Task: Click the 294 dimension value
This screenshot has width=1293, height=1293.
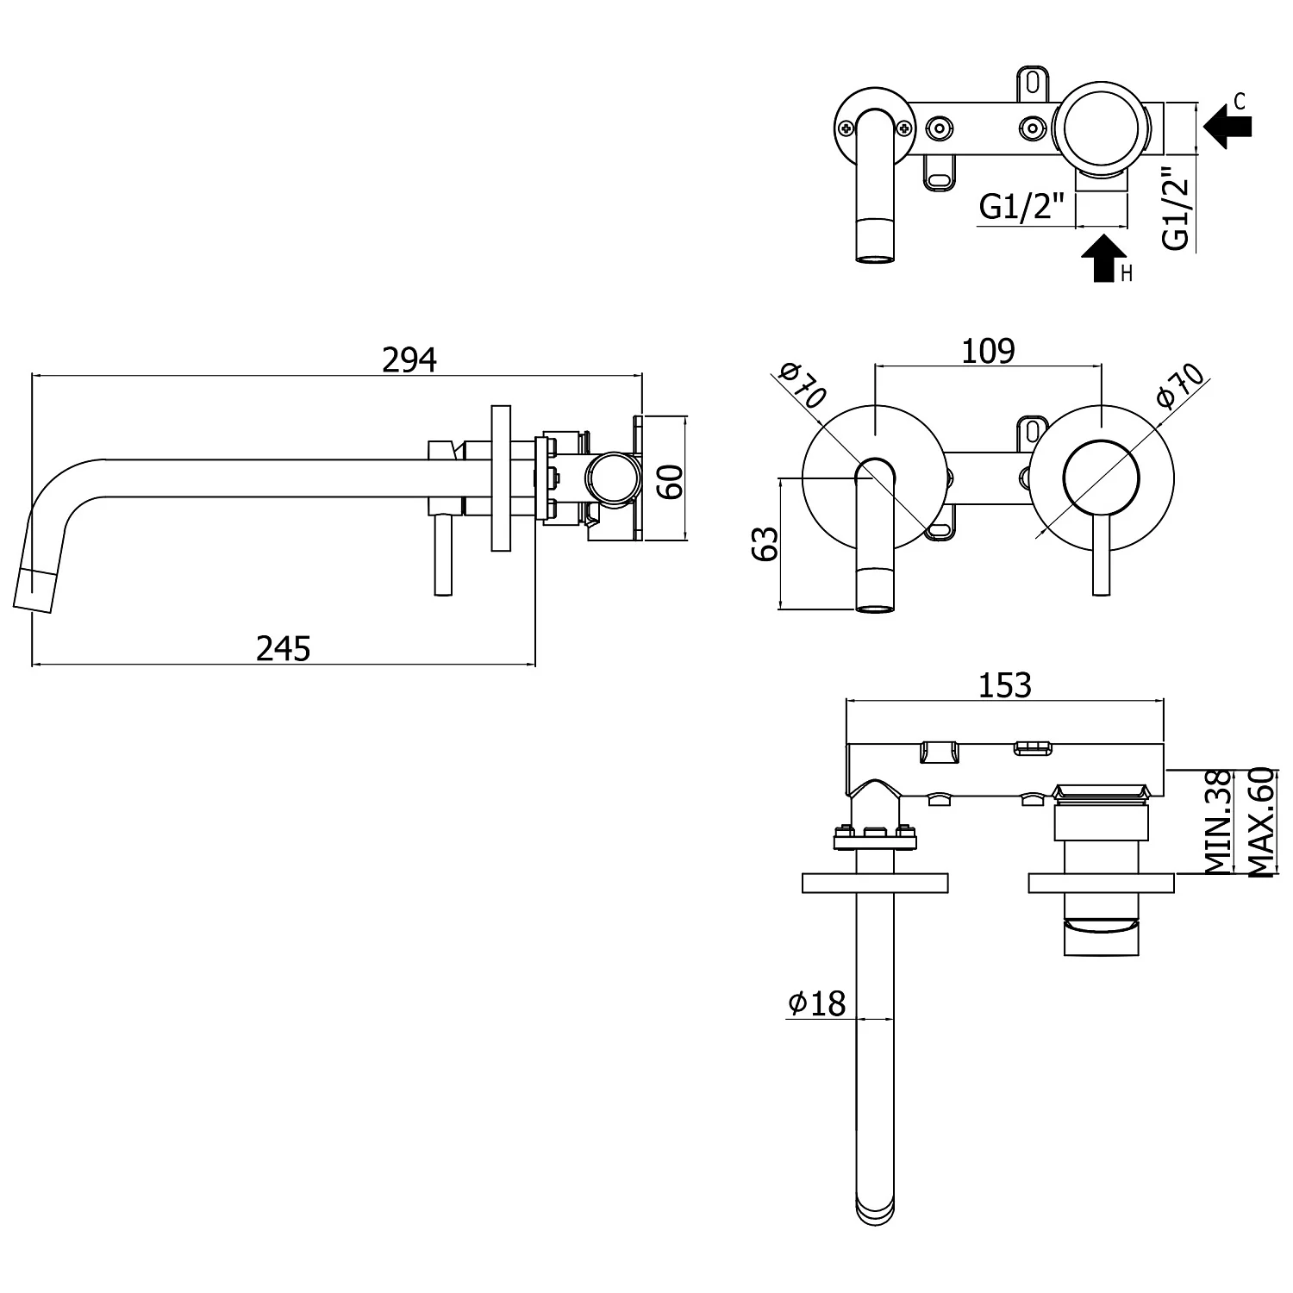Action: pos(409,359)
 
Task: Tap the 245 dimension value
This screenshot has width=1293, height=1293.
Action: pos(283,648)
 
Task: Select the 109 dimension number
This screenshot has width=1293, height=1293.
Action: pos(988,351)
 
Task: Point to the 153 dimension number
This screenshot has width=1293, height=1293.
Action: pos(1005,685)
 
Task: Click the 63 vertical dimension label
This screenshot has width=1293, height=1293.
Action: pos(765,543)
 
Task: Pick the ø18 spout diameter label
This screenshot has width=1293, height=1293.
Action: pos(816,1003)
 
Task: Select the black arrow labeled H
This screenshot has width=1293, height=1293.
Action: pos(1103,258)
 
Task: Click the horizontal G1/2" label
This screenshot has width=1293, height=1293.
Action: pos(1022,207)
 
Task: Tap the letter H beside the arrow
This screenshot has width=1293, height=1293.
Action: pos(1126,274)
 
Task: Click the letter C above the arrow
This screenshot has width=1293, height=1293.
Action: pos(1240,102)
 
